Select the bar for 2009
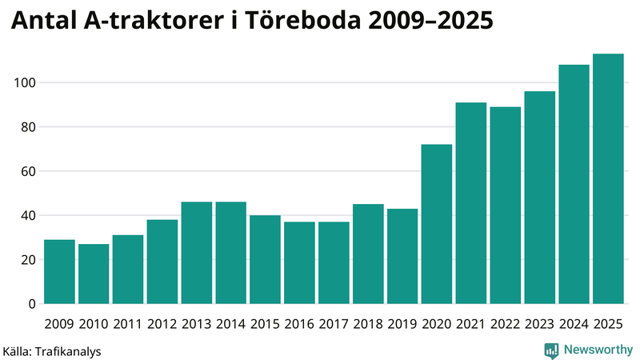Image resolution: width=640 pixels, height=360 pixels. (x=59, y=272)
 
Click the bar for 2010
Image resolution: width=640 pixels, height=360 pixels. (x=94, y=274)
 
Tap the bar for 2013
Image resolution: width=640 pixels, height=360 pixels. (x=196, y=253)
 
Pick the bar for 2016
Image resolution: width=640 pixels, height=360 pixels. (x=299, y=263)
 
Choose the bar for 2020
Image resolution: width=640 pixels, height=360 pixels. (x=437, y=224)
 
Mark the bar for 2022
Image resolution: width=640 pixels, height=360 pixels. (x=506, y=206)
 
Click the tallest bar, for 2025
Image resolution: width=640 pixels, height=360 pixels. (x=608, y=179)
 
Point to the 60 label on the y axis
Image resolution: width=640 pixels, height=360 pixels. (x=27, y=171)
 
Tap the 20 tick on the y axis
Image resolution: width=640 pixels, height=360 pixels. (x=27, y=260)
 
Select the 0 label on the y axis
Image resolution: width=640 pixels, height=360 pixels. (x=31, y=304)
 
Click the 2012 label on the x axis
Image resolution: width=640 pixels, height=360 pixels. (x=162, y=323)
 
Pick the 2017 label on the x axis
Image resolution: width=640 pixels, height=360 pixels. (x=334, y=323)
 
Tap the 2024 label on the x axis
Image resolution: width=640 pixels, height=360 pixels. (x=574, y=323)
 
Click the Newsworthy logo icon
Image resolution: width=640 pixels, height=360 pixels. (x=551, y=350)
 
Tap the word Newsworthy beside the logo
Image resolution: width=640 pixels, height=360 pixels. (x=597, y=350)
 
